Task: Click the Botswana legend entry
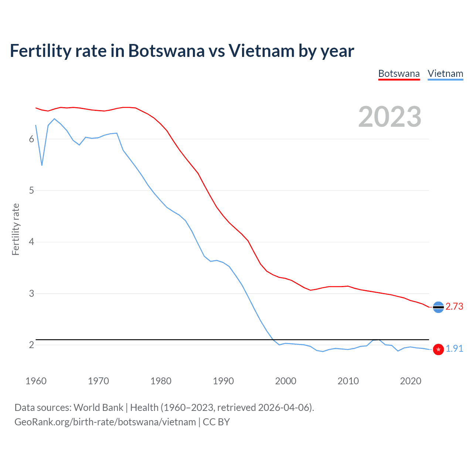pyautogui.click(x=399, y=74)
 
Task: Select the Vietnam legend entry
pyautogui.click(x=445, y=74)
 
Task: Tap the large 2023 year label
pyautogui.click(x=389, y=117)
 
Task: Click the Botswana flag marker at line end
pyautogui.click(x=438, y=307)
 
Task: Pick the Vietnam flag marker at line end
pyautogui.click(x=438, y=349)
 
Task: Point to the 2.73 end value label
pyautogui.click(x=454, y=307)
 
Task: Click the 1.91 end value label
pyautogui.click(x=454, y=349)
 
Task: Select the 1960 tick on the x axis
pyautogui.click(x=36, y=381)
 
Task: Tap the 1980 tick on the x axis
pyautogui.click(x=161, y=381)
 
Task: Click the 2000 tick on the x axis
pyautogui.click(x=286, y=381)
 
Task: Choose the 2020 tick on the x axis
pyautogui.click(x=411, y=381)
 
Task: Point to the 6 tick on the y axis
pyautogui.click(x=31, y=139)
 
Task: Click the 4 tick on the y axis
pyautogui.click(x=31, y=242)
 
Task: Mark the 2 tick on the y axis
pyautogui.click(x=31, y=345)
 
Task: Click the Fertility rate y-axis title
pyautogui.click(x=16, y=229)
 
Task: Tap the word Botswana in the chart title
pyautogui.click(x=166, y=51)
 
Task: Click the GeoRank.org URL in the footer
pyautogui.click(x=105, y=422)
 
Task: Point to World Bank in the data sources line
pyautogui.click(x=98, y=408)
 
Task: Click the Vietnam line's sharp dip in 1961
pyautogui.click(x=42, y=165)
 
